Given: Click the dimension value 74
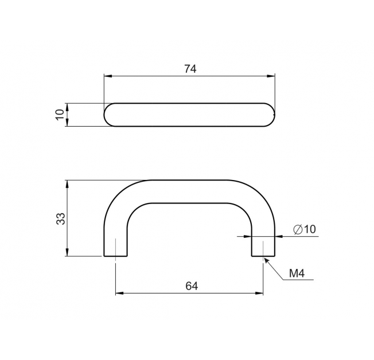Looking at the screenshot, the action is (190, 69).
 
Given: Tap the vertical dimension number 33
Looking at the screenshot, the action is (61, 218).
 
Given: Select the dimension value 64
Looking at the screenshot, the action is (192, 286).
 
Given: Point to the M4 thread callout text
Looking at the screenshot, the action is (297, 273).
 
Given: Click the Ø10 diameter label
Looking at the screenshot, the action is (305, 229).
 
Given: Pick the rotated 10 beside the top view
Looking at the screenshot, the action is (60, 115).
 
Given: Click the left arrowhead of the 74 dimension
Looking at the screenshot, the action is (108, 76).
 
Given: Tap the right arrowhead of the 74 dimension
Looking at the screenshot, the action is (271, 76).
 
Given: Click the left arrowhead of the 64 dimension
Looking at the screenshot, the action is (119, 293).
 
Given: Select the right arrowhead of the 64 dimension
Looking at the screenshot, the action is (259, 293).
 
